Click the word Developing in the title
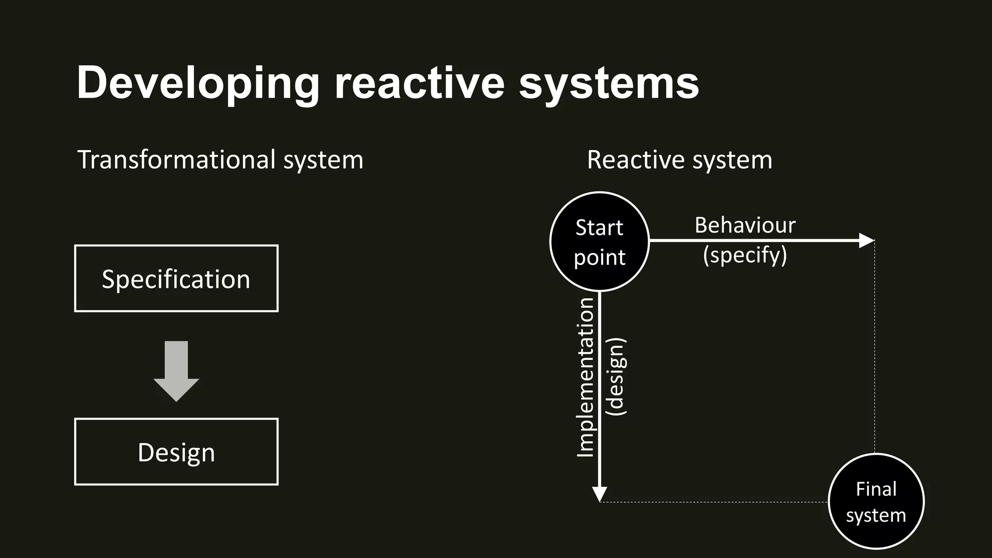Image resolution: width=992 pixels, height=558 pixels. click(x=198, y=83)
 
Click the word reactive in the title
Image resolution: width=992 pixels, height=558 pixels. click(x=419, y=83)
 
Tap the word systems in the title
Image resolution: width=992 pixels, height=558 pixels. click(x=609, y=83)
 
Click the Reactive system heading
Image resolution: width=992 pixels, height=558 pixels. click(x=679, y=160)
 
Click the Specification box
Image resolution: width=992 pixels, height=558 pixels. click(x=176, y=279)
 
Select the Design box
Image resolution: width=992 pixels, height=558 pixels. click(x=176, y=451)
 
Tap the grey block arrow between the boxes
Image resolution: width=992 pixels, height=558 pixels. click(x=176, y=371)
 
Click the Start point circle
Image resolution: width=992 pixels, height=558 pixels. click(x=600, y=241)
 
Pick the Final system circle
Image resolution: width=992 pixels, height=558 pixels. click(x=876, y=501)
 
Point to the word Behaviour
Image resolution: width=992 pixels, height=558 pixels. click(x=745, y=225)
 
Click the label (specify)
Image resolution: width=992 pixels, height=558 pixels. click(x=745, y=255)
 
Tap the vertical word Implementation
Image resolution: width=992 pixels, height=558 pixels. click(x=586, y=378)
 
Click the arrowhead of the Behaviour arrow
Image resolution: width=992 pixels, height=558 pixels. click(x=867, y=240)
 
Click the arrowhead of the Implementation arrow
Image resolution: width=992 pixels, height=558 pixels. click(x=600, y=495)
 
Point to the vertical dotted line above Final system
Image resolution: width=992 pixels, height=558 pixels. click(x=875, y=349)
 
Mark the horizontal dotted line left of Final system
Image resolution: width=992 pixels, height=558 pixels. click(x=712, y=502)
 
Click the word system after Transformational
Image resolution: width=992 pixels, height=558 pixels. click(x=323, y=160)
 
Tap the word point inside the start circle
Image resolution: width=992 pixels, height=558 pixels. click(x=600, y=257)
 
